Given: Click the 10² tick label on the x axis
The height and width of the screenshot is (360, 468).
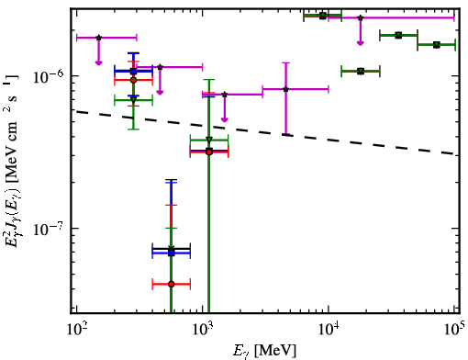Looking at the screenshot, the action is coord(76,330).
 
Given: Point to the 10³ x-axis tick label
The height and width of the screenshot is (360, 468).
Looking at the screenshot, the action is coord(202,330).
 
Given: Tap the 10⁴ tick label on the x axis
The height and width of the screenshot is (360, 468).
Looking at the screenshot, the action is coord(329,330).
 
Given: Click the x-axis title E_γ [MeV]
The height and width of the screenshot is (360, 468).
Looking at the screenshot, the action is coord(264,351).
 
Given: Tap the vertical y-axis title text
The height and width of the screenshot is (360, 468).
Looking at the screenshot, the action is coord(12,161).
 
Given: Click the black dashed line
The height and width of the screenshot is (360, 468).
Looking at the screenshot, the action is coord(266,132).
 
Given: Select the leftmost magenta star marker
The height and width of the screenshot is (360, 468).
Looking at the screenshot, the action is coord(98,38).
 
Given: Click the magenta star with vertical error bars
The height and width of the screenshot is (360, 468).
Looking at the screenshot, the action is coord(286,89).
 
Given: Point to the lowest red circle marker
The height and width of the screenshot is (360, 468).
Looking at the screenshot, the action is coord(172,284).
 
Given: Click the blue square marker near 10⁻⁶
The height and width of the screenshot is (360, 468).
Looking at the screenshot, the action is coord(133,72).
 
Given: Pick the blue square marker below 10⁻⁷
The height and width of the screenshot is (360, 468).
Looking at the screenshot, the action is coord(172,253).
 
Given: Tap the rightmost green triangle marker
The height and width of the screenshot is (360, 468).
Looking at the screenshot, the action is coord(437,45).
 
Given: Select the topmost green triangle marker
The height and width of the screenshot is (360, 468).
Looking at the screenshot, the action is coord(323,16).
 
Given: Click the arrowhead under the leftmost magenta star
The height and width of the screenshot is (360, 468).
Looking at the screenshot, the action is coord(98,62).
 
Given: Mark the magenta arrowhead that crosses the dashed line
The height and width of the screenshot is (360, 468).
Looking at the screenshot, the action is coord(225,119).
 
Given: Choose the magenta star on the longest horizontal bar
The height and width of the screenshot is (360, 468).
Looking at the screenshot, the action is coord(361,17).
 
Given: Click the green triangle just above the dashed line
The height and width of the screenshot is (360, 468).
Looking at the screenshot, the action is coord(209,140).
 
